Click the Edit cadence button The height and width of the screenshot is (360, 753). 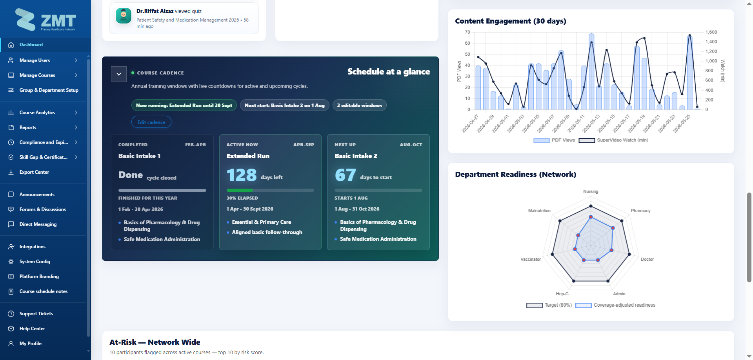click(x=151, y=122)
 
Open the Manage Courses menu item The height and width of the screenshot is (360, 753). click(x=37, y=75)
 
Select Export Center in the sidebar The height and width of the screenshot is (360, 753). click(x=34, y=172)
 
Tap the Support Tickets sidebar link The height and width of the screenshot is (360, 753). click(x=36, y=314)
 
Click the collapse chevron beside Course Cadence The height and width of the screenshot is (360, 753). click(x=119, y=74)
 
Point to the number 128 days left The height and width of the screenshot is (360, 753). click(x=242, y=175)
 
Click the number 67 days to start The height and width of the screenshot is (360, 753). click(x=346, y=175)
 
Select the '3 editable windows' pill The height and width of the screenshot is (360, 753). click(x=360, y=105)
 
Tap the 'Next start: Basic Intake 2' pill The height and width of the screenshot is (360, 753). click(x=285, y=105)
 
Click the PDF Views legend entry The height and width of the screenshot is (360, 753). click(x=554, y=140)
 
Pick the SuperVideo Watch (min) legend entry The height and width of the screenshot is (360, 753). click(x=613, y=140)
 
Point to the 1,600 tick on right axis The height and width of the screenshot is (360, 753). click(x=711, y=32)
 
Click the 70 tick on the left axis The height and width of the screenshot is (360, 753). click(x=467, y=32)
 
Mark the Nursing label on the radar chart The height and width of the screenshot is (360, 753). click(x=591, y=192)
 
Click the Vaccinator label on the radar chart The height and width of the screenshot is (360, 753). click(x=531, y=260)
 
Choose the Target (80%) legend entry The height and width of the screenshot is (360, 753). click(x=549, y=305)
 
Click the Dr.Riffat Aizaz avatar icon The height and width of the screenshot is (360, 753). click(x=124, y=16)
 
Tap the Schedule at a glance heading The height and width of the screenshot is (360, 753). click(x=389, y=71)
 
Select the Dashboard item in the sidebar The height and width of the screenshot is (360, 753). click(x=31, y=45)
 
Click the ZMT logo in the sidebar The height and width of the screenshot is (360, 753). click(x=45, y=20)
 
